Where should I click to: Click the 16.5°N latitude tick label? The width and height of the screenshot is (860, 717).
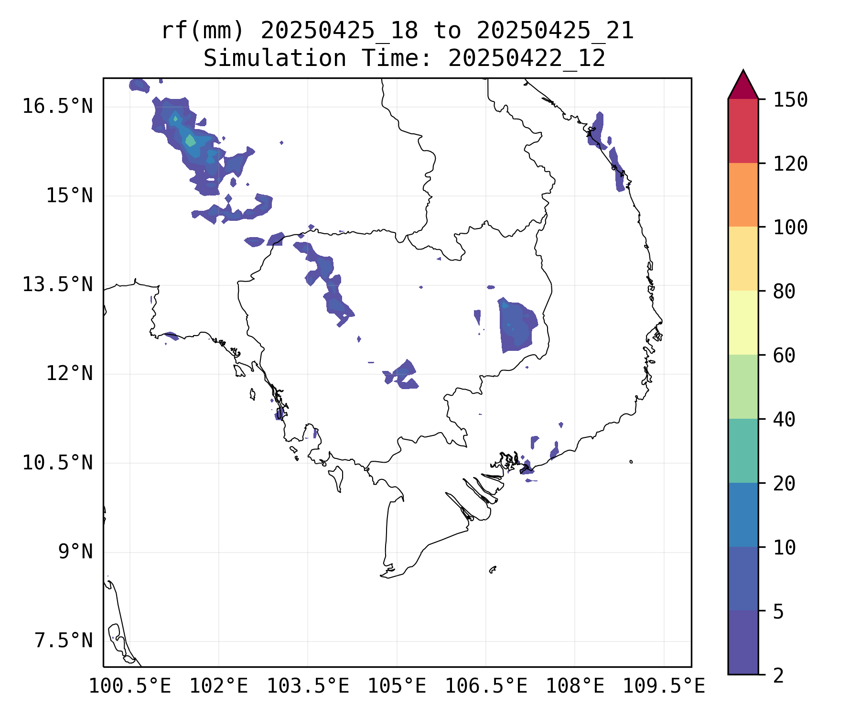[x=57, y=106]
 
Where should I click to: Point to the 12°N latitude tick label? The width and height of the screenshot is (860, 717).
[x=69, y=373]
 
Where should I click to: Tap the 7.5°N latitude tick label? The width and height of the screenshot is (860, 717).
[x=64, y=641]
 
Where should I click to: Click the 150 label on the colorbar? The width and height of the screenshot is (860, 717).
[x=791, y=100]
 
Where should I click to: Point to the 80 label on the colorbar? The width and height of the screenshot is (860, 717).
[x=785, y=291]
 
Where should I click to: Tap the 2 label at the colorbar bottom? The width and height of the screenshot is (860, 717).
[x=778, y=675]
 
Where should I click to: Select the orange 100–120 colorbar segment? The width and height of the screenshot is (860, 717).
[x=743, y=195]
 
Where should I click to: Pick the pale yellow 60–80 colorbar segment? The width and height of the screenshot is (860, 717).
[x=743, y=323]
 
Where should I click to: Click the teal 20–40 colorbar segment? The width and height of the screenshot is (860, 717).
[x=743, y=450]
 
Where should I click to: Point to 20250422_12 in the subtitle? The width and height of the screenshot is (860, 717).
[x=527, y=59]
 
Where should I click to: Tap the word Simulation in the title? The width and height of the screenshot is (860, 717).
[x=275, y=59]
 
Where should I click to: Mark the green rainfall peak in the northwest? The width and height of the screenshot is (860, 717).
[x=190, y=141]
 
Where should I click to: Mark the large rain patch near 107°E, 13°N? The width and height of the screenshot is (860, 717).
[x=516, y=325]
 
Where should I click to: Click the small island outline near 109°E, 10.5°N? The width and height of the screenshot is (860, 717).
[x=631, y=462]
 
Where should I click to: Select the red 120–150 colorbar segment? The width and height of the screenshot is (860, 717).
[x=743, y=131]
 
